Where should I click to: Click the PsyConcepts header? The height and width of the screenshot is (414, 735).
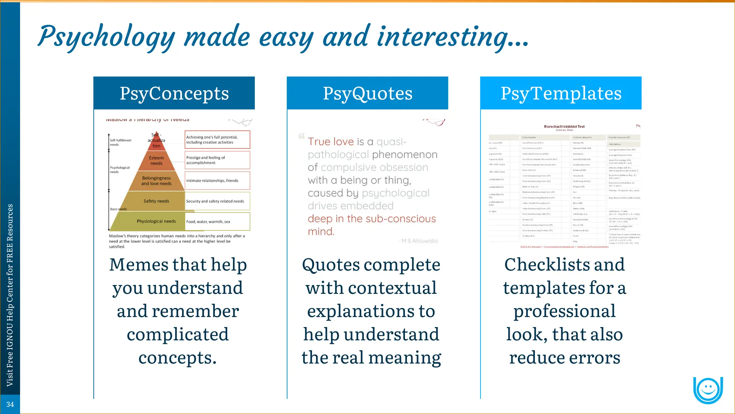point(174,93)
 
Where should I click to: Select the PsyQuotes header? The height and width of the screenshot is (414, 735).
point(367,93)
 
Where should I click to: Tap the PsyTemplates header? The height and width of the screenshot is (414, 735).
point(561,93)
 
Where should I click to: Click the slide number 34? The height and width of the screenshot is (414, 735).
point(10,404)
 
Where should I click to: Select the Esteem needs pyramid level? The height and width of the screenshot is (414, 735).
point(156,161)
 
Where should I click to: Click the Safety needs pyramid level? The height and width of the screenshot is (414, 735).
point(156,201)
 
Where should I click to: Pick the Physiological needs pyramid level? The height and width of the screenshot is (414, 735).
point(156,221)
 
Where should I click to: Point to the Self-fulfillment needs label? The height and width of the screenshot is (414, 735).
point(120,142)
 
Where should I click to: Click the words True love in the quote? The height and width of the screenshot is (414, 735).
point(331,142)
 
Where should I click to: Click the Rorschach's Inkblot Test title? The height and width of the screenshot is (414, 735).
point(564,126)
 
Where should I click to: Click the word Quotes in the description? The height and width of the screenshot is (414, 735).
point(331,265)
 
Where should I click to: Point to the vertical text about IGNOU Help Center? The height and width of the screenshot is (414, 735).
point(10,295)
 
